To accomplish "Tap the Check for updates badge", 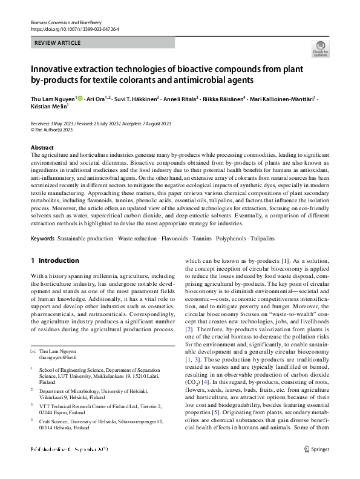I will point(321,49).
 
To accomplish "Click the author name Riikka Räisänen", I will point(222,98).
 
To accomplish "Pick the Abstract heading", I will point(42,147).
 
